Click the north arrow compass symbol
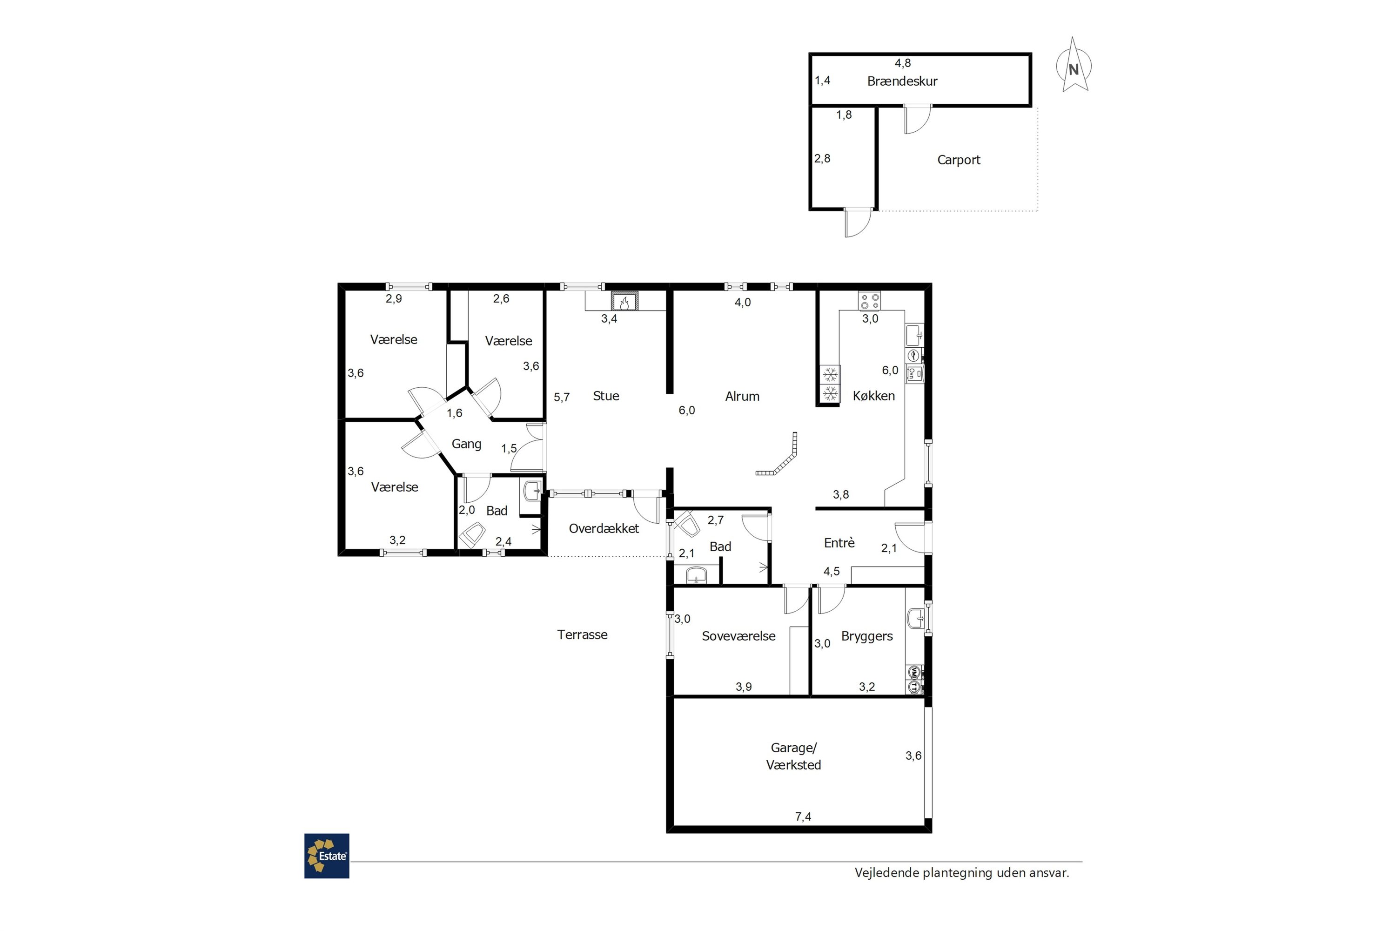pyautogui.click(x=1074, y=65)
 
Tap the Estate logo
pyautogui.click(x=327, y=856)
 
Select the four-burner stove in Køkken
pyautogui.click(x=870, y=301)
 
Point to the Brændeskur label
pyautogui.click(x=902, y=81)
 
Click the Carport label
pyautogui.click(x=959, y=160)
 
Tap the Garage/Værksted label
pyautogui.click(x=793, y=756)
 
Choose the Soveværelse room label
pyautogui.click(x=738, y=636)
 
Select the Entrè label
pyautogui.click(x=839, y=543)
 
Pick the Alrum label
pyautogui.click(x=742, y=397)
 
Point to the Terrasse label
pyautogui.click(x=582, y=635)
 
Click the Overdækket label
pyautogui.click(x=604, y=528)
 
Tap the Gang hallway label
pyautogui.click(x=467, y=444)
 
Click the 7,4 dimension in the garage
pyautogui.click(x=803, y=817)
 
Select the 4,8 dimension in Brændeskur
pyautogui.click(x=903, y=63)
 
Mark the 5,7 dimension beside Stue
pyautogui.click(x=562, y=397)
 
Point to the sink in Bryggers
pyautogui.click(x=915, y=619)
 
